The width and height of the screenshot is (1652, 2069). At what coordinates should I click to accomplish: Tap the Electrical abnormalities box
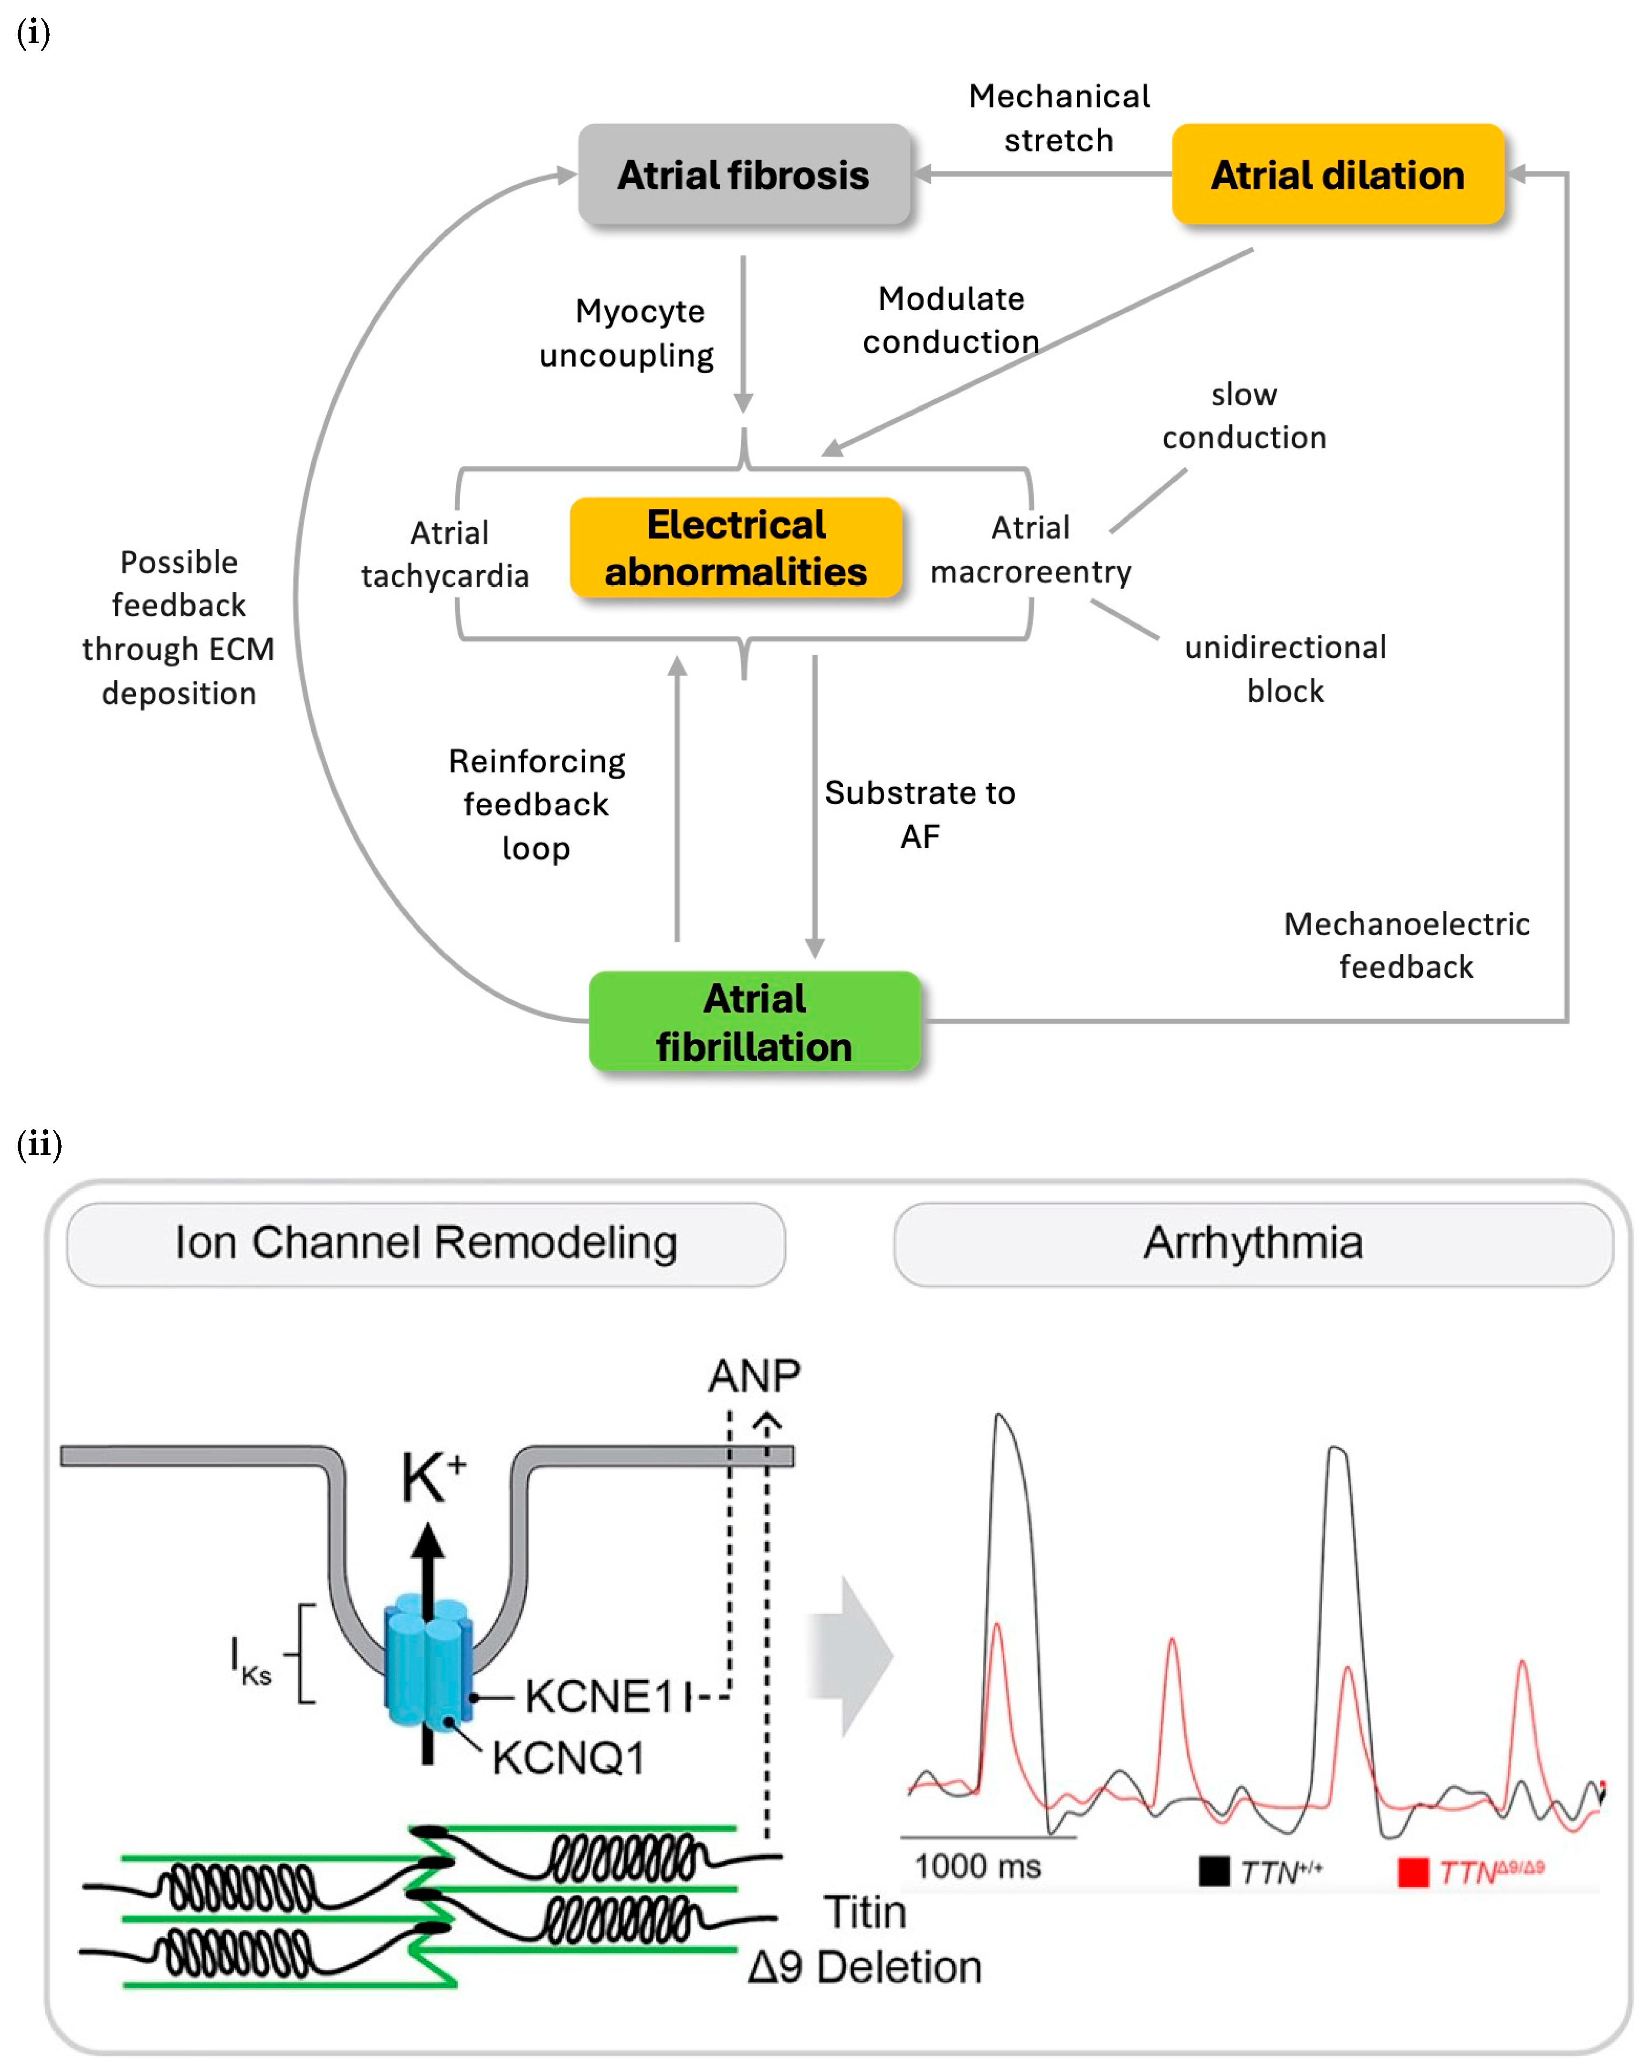pos(736,548)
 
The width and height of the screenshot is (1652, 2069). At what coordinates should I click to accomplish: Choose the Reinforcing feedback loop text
pos(537,804)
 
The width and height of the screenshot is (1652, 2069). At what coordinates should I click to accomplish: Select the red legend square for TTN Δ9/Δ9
pos(1412,1871)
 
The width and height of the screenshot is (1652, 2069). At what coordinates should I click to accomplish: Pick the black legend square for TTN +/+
pos(1213,1871)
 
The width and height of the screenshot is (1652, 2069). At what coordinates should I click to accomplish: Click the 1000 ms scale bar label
pos(978,1867)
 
